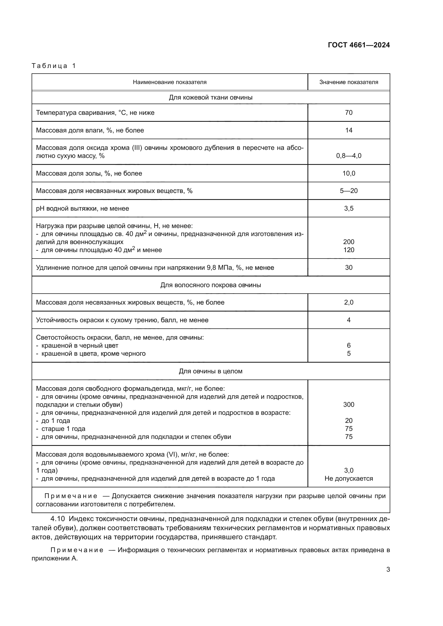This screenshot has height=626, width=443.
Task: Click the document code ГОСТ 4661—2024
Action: tap(359, 45)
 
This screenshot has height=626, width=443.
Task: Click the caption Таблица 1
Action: tap(54, 66)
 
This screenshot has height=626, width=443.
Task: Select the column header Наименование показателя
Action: tap(169, 82)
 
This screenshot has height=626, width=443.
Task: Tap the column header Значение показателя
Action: tap(349, 82)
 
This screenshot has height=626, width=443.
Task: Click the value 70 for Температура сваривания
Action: tap(349, 113)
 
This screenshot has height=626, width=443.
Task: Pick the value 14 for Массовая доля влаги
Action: tap(349, 130)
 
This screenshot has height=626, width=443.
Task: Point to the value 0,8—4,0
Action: tap(349, 156)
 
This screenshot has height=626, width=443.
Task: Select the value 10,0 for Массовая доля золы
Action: tap(349, 173)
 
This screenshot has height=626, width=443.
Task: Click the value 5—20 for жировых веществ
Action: tap(349, 191)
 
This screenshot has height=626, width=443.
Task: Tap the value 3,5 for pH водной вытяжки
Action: tap(349, 208)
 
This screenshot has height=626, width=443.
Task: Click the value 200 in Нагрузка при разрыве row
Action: tap(349, 242)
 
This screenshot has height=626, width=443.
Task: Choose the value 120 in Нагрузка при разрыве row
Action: tap(349, 250)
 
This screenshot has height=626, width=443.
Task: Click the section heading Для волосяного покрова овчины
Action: tap(211, 285)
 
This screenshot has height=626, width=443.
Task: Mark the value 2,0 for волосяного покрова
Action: tap(349, 302)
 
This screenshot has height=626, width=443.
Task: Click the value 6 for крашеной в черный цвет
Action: tap(349, 346)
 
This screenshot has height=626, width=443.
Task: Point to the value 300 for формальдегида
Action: tap(349, 404)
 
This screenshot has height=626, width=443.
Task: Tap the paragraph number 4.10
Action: tap(58, 519)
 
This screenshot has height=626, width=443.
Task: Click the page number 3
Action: tap(388, 570)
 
